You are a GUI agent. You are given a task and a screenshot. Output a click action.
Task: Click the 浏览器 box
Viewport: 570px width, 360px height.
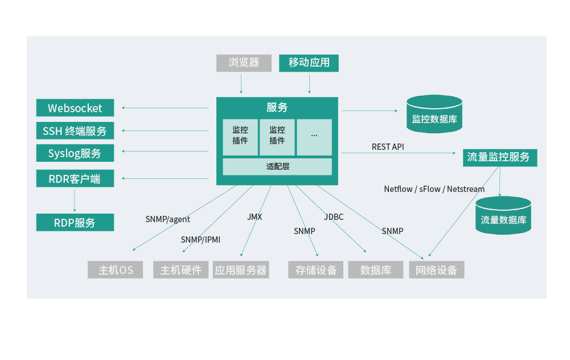[x=244, y=63]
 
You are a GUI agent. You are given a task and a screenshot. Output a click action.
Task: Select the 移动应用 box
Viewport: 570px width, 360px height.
[x=309, y=63]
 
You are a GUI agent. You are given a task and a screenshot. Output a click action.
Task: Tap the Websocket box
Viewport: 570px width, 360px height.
[x=75, y=108]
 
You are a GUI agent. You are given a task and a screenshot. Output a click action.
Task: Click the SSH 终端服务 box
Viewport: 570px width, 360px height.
[x=75, y=131]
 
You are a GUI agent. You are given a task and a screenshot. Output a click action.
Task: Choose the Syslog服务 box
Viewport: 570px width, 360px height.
[x=75, y=153]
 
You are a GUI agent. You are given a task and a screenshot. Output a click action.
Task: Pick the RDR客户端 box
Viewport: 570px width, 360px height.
[x=75, y=179]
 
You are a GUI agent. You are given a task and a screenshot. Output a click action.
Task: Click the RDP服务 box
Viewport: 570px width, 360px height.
[x=75, y=223]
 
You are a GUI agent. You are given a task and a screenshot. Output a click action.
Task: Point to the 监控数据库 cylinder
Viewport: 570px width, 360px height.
[x=434, y=115]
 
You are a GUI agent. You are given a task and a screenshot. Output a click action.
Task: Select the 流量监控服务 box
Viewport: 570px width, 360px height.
[x=499, y=157]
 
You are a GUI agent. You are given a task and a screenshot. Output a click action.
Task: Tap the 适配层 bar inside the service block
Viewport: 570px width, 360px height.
[x=277, y=167]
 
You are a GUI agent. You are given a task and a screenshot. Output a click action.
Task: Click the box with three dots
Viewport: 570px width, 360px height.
[x=314, y=137]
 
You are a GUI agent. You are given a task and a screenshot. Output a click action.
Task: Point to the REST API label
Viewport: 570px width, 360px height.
[x=388, y=147]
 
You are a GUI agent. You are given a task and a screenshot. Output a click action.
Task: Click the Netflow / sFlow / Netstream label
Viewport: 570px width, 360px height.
[x=434, y=189]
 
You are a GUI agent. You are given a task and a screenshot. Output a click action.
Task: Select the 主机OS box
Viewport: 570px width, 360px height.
[x=116, y=270]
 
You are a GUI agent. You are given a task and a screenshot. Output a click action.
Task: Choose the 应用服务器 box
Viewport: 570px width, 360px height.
[x=240, y=270]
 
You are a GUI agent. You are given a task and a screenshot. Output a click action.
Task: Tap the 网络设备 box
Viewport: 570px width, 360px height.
[x=436, y=270]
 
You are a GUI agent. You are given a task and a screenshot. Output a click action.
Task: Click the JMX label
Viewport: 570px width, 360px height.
[x=255, y=217]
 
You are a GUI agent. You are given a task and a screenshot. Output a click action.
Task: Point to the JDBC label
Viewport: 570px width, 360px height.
[x=334, y=217]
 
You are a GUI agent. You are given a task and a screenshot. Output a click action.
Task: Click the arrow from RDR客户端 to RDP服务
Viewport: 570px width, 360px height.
[x=75, y=200]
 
